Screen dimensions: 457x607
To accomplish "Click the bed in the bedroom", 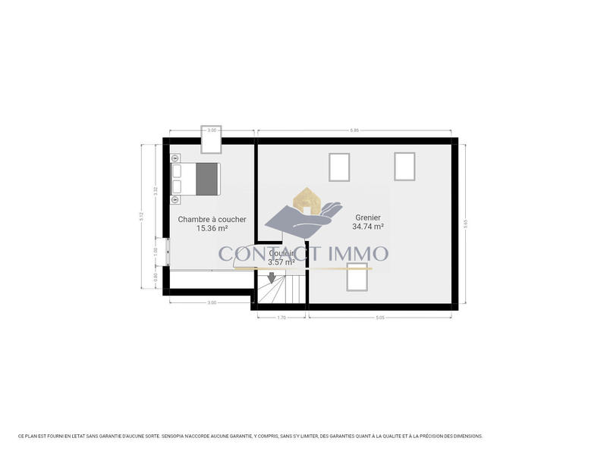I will pos(197,179).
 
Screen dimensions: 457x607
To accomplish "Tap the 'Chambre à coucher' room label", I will pos(212,219).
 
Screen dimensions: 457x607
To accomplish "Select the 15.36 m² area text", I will pos(212,228).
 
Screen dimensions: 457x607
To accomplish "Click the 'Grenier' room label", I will pos(367,218).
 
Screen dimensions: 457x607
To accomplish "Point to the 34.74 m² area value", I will pos(367,227).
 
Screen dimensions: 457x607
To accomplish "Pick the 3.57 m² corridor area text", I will pos(281,262).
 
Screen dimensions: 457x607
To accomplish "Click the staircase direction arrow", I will pos(272,277).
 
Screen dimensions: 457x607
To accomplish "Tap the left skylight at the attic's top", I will pos(339,167).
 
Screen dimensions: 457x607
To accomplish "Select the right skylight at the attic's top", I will pos(404,166).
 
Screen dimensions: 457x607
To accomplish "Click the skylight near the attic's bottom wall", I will pos(357,279).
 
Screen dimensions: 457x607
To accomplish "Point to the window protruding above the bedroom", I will pos(212,139).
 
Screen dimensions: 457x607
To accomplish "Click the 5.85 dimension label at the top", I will pos(354,130).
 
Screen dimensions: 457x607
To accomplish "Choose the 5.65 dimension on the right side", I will pos(465,224).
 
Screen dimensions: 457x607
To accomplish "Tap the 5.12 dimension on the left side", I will pos(141,215).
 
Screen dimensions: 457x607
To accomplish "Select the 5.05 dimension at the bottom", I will pos(380,317).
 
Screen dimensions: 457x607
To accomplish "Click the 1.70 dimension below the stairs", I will pos(281,317).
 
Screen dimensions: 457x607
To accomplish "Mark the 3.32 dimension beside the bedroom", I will pos(155,191).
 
